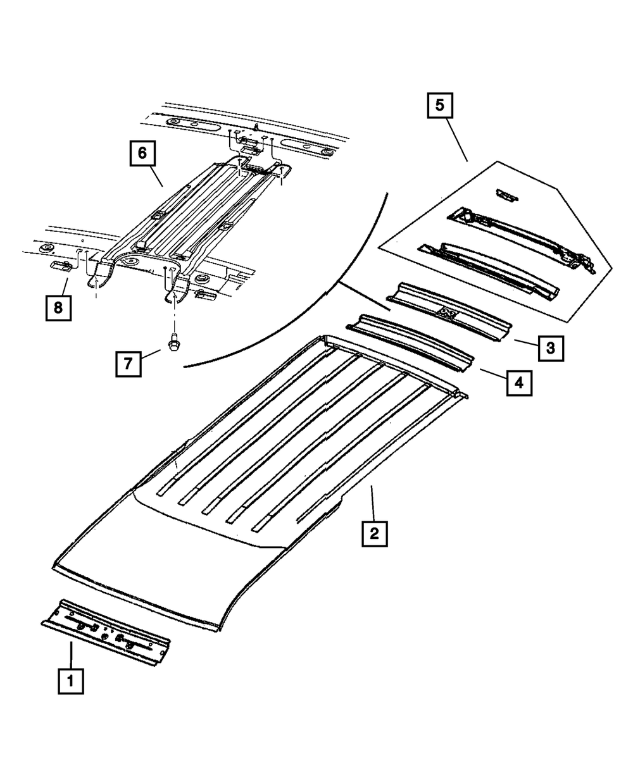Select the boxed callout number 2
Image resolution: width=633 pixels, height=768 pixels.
[x=374, y=533]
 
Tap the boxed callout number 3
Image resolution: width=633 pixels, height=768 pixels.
[x=551, y=347]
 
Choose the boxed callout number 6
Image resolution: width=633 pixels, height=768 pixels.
[x=142, y=153]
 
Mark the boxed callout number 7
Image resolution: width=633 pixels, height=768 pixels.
[x=128, y=364]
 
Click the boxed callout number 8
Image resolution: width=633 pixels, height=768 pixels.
[x=58, y=308]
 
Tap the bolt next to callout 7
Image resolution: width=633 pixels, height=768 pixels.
[x=173, y=341]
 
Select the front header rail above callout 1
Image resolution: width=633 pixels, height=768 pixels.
[x=105, y=633]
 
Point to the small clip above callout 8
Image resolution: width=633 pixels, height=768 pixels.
[x=60, y=265]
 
